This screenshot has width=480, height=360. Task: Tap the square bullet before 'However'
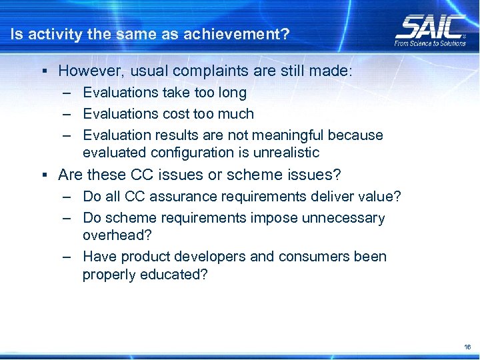43,71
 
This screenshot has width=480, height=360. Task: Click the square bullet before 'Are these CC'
43,175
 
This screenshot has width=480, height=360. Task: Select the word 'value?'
381,197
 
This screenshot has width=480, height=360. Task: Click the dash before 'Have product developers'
68,257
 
